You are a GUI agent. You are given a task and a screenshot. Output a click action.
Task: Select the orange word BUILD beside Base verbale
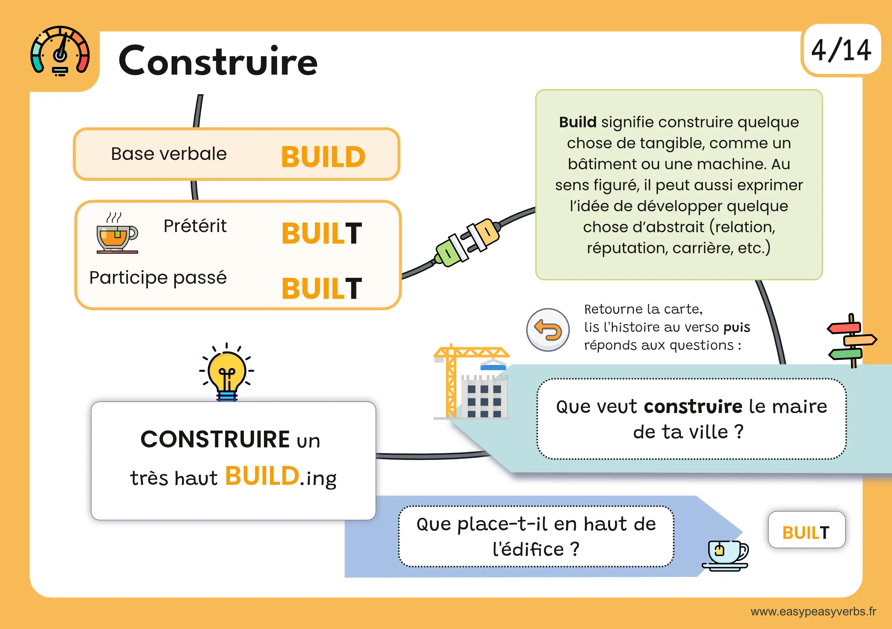point(323,157)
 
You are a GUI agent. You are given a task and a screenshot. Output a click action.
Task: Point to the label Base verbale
point(169,154)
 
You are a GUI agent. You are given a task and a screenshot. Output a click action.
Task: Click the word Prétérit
point(195,226)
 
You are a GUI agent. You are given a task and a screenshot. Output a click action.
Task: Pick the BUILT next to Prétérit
point(322,233)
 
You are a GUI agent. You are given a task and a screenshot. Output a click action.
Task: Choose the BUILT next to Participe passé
point(322,289)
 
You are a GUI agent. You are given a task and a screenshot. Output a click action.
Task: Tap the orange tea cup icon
point(117,233)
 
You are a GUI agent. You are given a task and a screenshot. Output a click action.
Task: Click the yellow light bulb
point(227,372)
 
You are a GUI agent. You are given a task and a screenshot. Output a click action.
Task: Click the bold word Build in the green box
point(577,122)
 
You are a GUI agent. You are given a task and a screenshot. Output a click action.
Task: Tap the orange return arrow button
point(548,330)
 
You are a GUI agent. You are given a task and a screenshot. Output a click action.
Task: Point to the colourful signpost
point(852,340)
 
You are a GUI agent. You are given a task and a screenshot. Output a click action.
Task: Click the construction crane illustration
point(471,381)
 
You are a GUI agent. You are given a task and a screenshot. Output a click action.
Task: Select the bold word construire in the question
point(693,406)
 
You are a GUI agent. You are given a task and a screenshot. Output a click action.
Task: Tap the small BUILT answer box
point(806,529)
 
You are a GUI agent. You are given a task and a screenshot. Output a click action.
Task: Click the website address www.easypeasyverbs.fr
point(813,611)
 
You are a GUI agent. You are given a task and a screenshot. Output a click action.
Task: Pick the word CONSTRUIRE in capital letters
point(215,439)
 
